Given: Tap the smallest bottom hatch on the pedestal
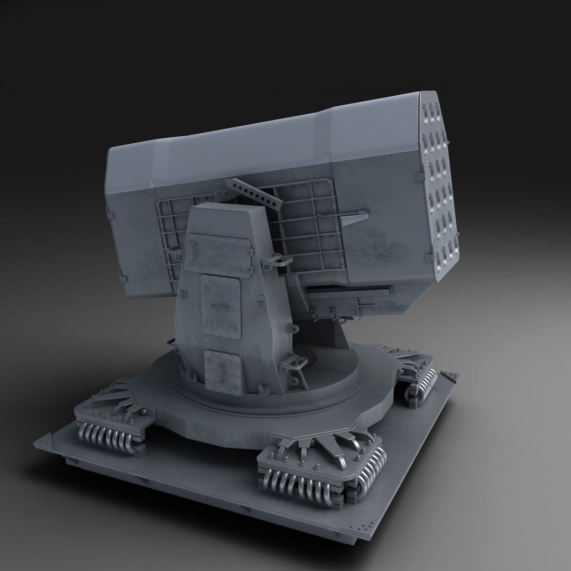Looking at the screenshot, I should point(223,369).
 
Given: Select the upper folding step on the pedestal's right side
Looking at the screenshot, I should point(280,260).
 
